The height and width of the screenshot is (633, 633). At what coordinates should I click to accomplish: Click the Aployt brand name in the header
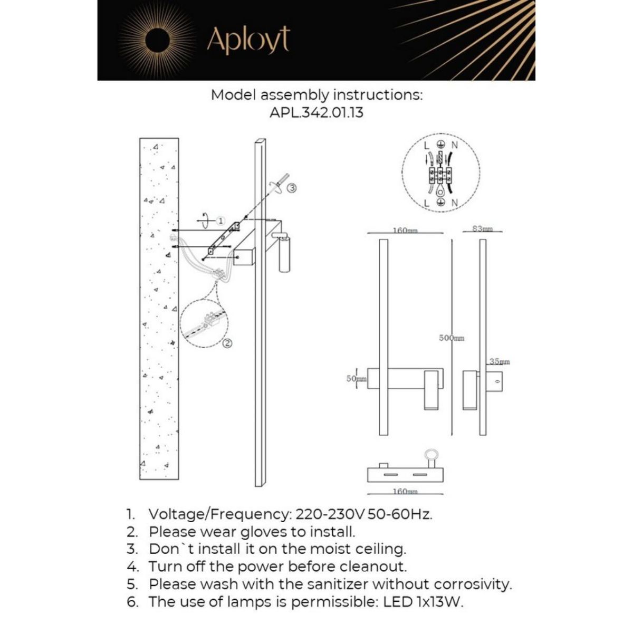pyautogui.click(x=248, y=40)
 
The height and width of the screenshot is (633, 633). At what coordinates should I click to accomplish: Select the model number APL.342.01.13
pyautogui.click(x=316, y=112)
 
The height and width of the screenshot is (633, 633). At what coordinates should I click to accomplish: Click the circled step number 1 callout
pyautogui.click(x=221, y=220)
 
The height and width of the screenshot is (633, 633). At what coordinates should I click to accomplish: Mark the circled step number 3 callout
pyautogui.click(x=292, y=187)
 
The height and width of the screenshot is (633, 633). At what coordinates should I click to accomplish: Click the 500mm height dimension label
pyautogui.click(x=452, y=338)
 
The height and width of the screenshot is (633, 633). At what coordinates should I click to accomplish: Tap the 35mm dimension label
pyautogui.click(x=499, y=362)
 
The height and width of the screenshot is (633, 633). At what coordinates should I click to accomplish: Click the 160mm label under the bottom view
pyautogui.click(x=405, y=491)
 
